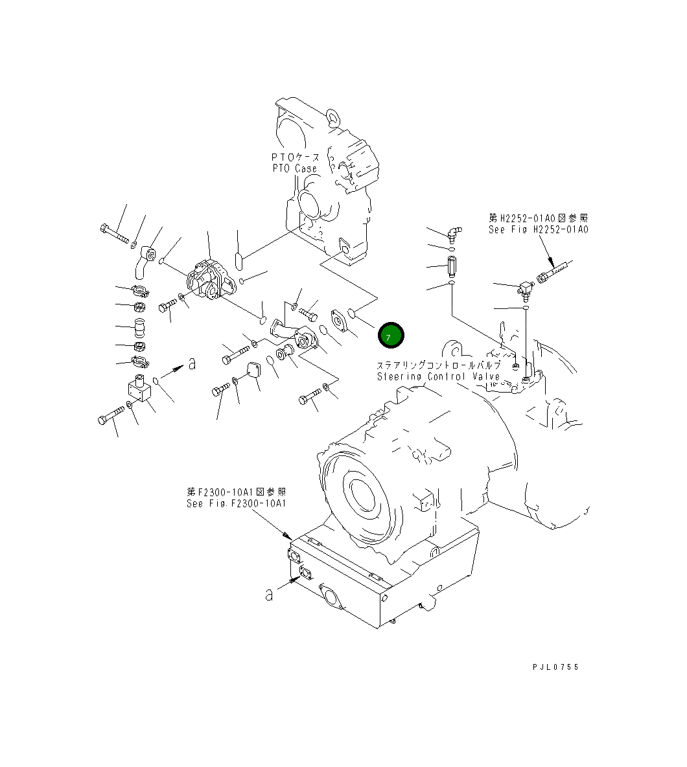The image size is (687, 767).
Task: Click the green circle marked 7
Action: coord(391,336)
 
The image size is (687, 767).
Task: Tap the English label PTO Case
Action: coord(296,168)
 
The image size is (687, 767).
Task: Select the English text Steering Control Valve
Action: coord(438,376)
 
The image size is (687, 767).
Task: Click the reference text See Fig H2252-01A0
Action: coord(538,229)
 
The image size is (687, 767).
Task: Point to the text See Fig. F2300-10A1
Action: coord(236,503)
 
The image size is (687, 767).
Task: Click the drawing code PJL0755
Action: coord(555,667)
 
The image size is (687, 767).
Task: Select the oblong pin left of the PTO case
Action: coord(239,261)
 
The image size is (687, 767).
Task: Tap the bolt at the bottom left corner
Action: coord(112,414)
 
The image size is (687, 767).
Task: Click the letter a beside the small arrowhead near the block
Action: coord(192,363)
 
